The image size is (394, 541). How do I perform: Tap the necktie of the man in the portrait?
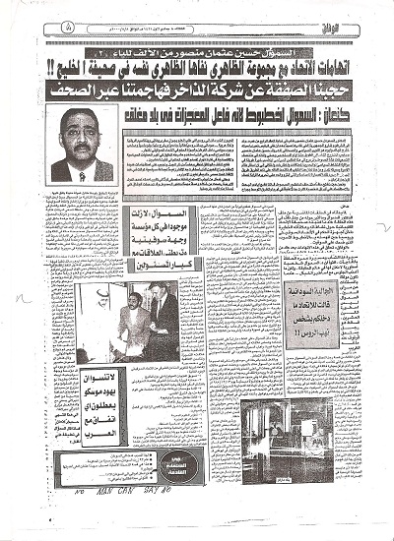coord(81,173)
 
